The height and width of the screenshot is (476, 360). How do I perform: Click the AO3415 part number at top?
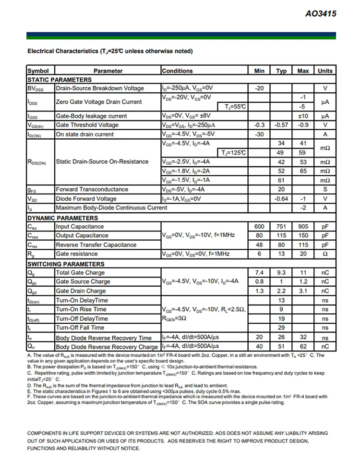pyautogui.click(x=321, y=14)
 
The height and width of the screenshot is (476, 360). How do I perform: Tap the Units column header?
pyautogui.click(x=325, y=71)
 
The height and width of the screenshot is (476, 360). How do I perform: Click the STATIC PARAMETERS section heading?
pyautogui.click(x=60, y=79)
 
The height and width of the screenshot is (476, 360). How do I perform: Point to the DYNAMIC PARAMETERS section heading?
pyautogui.click(x=62, y=218)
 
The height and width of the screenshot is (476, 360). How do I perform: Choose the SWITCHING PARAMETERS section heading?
pyautogui.click(x=65, y=264)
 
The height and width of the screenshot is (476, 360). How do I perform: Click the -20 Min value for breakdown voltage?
pyautogui.click(x=259, y=88)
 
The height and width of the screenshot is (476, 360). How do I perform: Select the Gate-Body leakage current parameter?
pyautogui.click(x=91, y=116)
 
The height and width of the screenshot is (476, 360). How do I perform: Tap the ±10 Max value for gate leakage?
pyautogui.click(x=303, y=116)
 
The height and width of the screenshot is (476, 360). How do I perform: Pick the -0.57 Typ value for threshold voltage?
pyautogui.click(x=281, y=125)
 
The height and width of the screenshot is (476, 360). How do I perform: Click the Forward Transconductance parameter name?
pyautogui.click(x=92, y=189)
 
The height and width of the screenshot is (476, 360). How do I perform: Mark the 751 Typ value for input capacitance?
pyautogui.click(x=281, y=226)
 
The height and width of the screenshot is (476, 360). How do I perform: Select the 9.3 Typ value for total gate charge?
pyautogui.click(x=281, y=272)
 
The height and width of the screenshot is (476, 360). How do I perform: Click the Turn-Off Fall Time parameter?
pyautogui.click(x=80, y=328)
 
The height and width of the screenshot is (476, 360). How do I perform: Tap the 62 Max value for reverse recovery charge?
pyautogui.click(x=303, y=346)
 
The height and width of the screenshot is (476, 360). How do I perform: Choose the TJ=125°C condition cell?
pyautogui.click(x=234, y=153)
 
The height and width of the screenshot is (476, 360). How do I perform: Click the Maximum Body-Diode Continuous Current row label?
pyautogui.click(x=112, y=208)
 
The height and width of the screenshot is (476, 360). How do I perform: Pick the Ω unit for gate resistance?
pyautogui.click(x=325, y=254)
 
